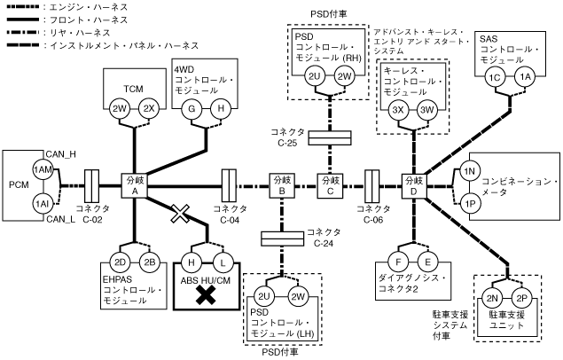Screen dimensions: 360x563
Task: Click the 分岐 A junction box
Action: [x=136, y=186]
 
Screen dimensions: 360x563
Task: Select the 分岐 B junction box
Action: [x=281, y=185]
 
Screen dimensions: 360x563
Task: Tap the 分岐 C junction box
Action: [x=331, y=185]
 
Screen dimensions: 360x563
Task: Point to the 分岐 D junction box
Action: [x=414, y=185]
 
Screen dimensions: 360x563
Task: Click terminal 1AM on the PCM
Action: [x=42, y=169]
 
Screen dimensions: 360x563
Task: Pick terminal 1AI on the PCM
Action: [x=42, y=203]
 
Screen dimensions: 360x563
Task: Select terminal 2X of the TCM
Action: [x=150, y=108]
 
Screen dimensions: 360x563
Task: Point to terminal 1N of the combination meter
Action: [x=471, y=170]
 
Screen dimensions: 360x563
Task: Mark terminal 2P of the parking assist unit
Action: [x=522, y=297]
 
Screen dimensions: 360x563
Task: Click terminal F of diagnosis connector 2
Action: [x=401, y=262]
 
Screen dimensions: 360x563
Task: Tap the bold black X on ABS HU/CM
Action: [x=207, y=294]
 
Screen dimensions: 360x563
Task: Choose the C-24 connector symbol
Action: [x=281, y=238]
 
